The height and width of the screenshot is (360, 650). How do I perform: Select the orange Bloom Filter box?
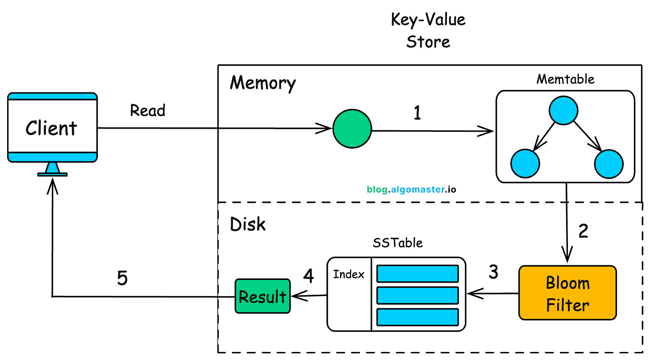(567, 293)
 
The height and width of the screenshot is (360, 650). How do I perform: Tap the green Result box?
(262, 296)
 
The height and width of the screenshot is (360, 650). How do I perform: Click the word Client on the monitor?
(51, 128)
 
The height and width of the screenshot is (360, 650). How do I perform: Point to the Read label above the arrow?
(147, 110)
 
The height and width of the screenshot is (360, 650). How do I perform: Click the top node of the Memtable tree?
(564, 110)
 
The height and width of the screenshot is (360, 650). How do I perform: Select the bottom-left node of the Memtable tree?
(525, 164)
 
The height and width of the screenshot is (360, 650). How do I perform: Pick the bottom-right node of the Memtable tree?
(608, 164)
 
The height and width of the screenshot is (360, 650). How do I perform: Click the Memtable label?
(565, 79)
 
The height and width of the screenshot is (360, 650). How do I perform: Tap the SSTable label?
(397, 243)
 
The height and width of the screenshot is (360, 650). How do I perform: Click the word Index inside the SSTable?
(349, 274)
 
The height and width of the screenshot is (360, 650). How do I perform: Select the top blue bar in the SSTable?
(417, 273)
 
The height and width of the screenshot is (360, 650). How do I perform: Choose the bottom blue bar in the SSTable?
(417, 317)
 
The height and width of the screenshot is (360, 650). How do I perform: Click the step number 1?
(417, 114)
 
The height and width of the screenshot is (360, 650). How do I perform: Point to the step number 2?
(583, 231)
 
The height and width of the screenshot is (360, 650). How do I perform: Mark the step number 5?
(122, 278)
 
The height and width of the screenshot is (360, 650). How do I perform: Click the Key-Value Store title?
(428, 30)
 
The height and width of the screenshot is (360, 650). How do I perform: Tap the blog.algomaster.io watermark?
(411, 189)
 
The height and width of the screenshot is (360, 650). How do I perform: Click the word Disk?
(248, 224)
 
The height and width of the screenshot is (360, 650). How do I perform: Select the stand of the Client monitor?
(53, 169)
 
